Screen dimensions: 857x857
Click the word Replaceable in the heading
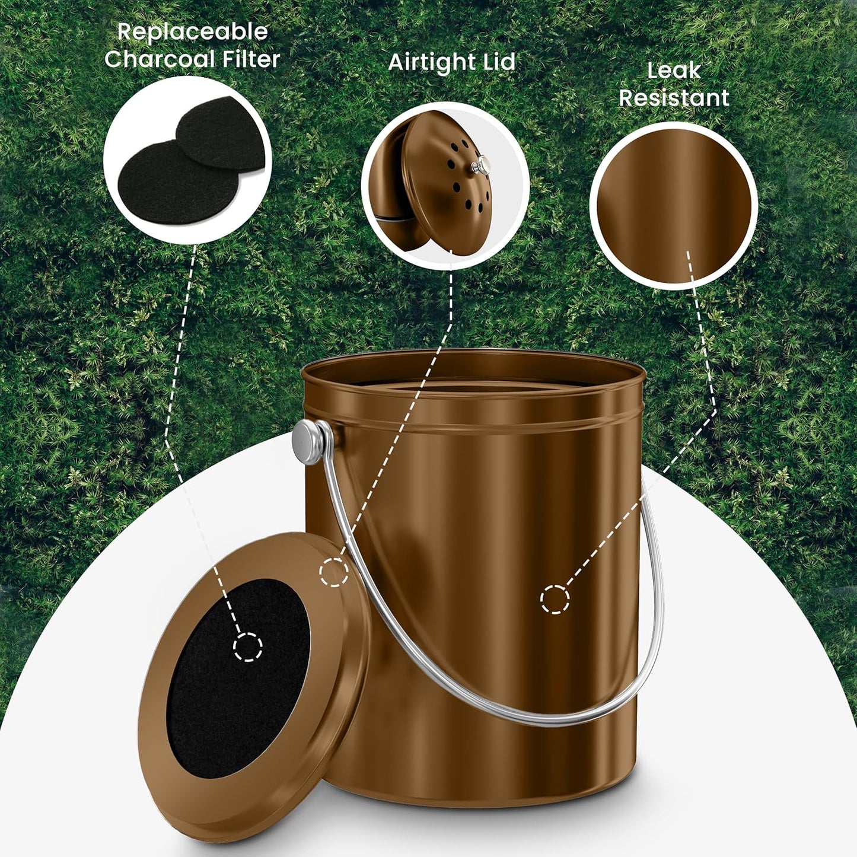192,32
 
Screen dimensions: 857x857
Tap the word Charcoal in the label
160,59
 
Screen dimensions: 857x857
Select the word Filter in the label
250,59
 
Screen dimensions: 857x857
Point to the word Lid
499,62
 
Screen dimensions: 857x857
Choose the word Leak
674,71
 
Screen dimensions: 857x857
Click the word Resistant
674,98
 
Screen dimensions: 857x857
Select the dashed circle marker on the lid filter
248,647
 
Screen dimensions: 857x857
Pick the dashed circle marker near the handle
334,572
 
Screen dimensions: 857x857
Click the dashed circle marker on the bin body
555,599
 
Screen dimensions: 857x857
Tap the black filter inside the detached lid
237,682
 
